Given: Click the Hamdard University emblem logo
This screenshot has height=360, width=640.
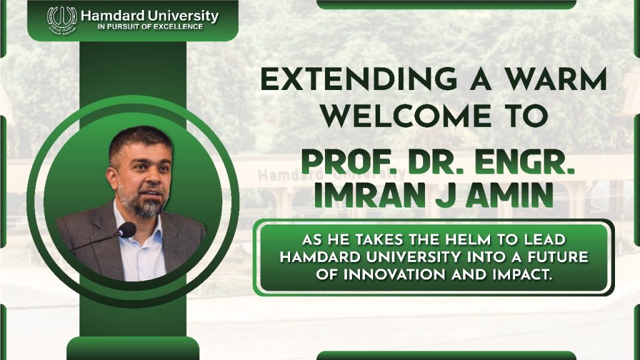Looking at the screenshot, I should pos(62,17).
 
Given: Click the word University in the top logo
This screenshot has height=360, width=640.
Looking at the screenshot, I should pos(182,16).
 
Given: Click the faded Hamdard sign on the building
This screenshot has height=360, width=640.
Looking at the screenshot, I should pos(282,176).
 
